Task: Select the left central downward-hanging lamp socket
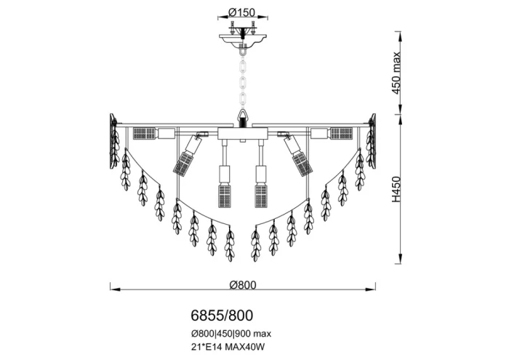(224, 187)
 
